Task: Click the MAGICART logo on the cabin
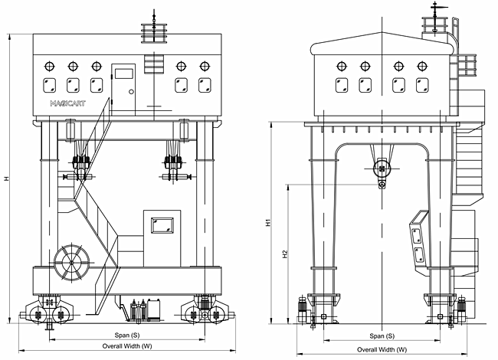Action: point(67,103)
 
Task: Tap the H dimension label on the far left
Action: point(6,178)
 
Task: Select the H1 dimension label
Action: point(269,222)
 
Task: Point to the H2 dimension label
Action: point(285,254)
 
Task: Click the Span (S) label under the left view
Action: point(127,335)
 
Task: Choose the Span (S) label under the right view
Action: point(382,336)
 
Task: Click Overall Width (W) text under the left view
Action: point(127,345)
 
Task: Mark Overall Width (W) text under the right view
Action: point(382,349)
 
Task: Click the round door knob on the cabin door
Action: point(131,92)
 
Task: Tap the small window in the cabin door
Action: point(123,74)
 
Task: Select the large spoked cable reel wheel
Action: point(72,263)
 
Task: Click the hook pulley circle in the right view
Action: point(382,168)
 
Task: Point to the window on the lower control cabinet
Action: point(162,225)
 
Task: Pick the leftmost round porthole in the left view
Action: point(49,67)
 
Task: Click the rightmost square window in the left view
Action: point(205,85)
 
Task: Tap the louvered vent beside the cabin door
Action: point(154,64)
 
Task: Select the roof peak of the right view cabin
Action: point(382,32)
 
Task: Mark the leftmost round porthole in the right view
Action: point(342,67)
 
